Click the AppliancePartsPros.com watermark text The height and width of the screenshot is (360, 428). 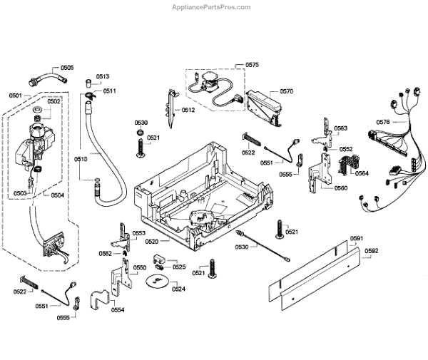coord(211,7)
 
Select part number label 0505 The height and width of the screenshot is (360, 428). coord(67,68)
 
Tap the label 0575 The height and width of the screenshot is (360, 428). coord(252,65)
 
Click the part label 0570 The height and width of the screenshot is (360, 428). coord(286,91)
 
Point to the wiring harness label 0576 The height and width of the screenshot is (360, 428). coord(383,122)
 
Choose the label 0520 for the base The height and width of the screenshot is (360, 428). coord(151,242)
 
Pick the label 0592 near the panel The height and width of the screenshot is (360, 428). coord(371,251)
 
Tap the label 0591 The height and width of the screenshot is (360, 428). coord(357,238)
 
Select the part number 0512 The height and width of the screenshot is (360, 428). coord(188,110)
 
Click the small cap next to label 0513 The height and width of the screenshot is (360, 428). coord(89,83)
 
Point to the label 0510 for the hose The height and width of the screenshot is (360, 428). coord(81,159)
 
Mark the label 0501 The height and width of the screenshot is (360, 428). coord(16,96)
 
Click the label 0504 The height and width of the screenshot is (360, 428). coord(57,195)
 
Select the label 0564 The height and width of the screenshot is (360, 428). coord(362,173)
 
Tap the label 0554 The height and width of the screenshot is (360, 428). coord(118,310)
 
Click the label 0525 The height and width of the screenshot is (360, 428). coord(179,267)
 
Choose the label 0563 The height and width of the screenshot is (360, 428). coord(341,128)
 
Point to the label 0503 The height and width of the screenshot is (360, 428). coord(20,193)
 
